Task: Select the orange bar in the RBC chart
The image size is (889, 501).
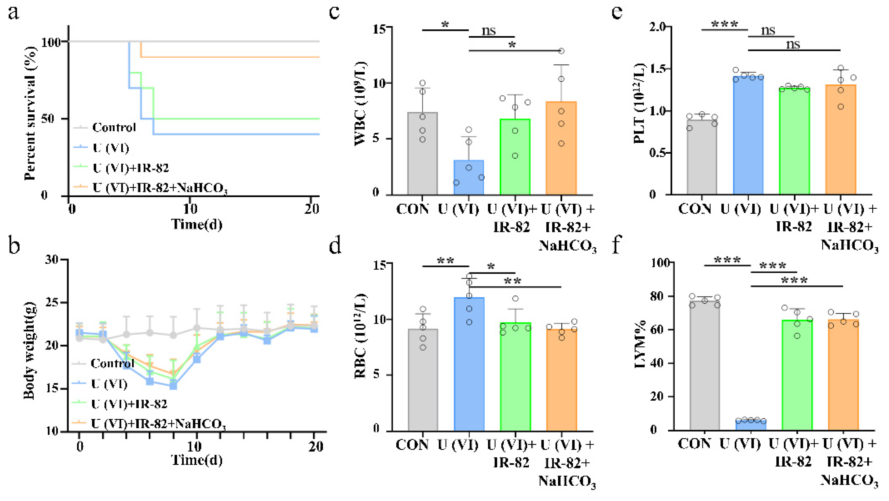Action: click(561, 380)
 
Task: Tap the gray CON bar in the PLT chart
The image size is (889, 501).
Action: click(702, 157)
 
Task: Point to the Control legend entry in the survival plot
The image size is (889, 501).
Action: click(114, 128)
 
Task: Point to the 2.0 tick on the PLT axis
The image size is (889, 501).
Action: click(657, 27)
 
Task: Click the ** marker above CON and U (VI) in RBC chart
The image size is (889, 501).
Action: click(445, 260)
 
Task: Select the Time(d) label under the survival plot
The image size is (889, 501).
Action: click(197, 224)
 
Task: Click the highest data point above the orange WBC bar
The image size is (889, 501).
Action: click(561, 51)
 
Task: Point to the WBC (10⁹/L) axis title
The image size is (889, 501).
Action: click(361, 104)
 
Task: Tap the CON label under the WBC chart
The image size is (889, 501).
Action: click(412, 209)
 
